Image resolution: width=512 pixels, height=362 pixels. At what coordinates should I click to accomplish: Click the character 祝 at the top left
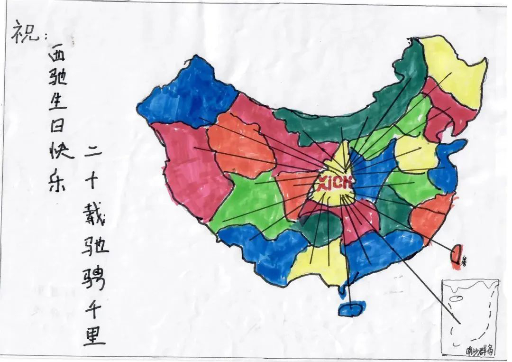23,34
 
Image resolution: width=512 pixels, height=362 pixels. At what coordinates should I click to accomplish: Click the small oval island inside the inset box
456,298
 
